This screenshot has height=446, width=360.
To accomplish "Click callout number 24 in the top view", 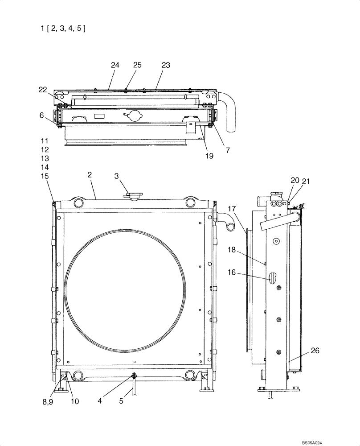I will coord(115,65).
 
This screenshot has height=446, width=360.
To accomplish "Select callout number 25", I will coord(137,65).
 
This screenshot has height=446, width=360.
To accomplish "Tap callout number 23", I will coord(166,65).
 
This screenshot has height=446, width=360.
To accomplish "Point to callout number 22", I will coord(42,90).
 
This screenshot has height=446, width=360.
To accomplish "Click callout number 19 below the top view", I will coord(209,156).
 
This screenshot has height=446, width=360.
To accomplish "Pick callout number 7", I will coord(228,151).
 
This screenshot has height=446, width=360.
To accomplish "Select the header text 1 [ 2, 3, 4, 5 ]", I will coord(62,29).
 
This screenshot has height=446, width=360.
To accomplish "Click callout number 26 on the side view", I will coord(315,351).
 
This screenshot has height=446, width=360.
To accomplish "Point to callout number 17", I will coord(233,208).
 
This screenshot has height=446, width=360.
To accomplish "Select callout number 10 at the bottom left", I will coord(75,401).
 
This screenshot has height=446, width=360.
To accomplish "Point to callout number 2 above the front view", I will coord(90,175).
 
